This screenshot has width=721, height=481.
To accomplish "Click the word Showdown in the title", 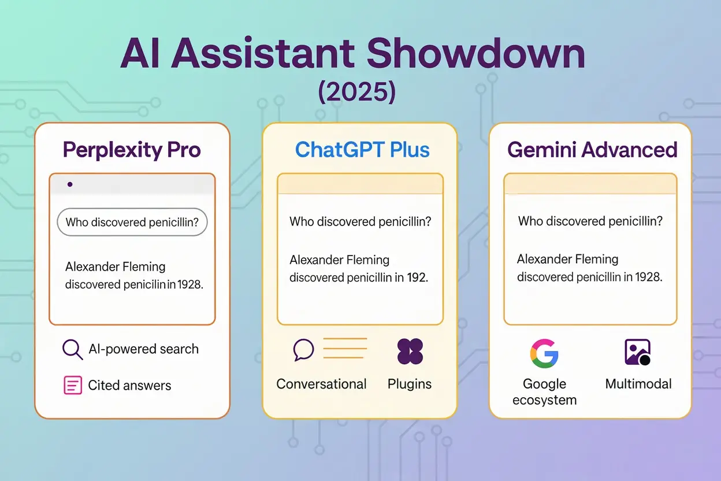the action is point(475,54).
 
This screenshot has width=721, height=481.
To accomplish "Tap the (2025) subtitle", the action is point(356,92).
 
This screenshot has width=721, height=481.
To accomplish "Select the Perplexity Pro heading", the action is point(132,150).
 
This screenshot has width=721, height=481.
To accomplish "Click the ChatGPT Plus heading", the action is point(362,150).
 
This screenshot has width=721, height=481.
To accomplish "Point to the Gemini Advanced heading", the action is point(592,150).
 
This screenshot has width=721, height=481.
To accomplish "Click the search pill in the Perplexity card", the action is point(132,222).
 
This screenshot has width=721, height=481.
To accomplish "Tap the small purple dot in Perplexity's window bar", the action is point(70,184).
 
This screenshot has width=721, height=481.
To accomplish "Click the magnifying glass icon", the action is point(73,350).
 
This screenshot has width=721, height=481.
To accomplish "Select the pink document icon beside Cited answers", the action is point(73,385).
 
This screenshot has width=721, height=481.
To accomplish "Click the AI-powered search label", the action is point(143,349).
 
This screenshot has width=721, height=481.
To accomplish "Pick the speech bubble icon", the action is point(303,350).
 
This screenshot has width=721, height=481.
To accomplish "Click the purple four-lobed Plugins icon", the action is point(410,351).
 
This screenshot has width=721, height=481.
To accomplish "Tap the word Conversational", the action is point(321,384).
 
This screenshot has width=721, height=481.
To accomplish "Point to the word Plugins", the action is point(410,384).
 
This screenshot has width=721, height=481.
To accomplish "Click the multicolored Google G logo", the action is point(544,353).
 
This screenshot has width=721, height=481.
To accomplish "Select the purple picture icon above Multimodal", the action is point(637,352).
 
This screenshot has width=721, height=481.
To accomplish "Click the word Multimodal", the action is point(638,384).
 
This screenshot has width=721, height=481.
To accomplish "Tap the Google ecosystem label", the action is point(545,392).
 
